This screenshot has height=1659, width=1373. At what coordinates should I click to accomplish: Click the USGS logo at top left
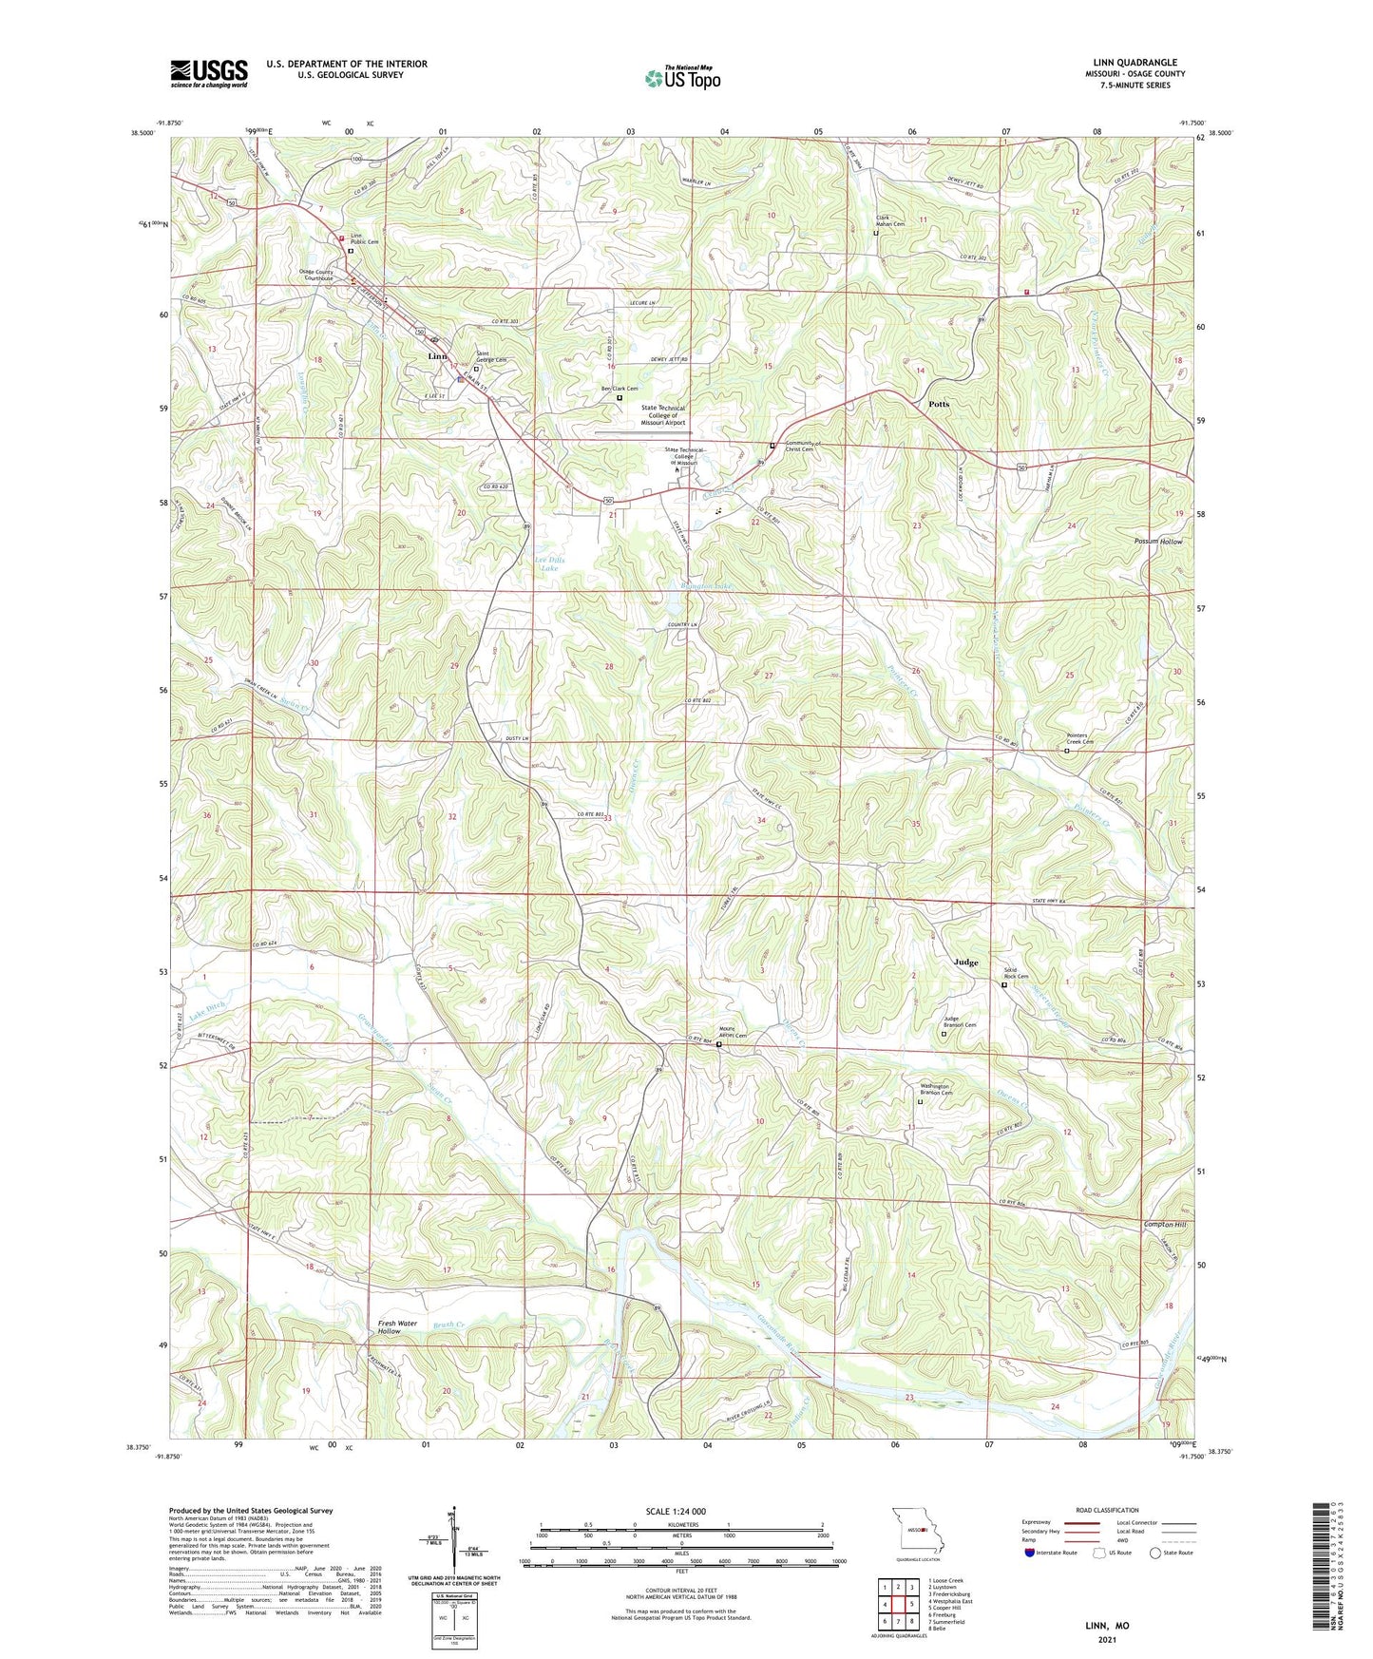pyautogui.click(x=209, y=72)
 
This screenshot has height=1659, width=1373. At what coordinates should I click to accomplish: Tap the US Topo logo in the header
pyautogui.click(x=682, y=78)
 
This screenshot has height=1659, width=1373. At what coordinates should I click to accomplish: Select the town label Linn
pyautogui.click(x=437, y=356)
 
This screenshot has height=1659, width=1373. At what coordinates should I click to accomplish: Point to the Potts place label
pyautogui.click(x=938, y=404)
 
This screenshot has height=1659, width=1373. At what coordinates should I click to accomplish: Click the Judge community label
pyautogui.click(x=965, y=963)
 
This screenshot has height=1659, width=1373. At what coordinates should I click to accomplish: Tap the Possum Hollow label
pyautogui.click(x=1157, y=542)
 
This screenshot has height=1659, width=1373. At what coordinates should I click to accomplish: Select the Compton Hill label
pyautogui.click(x=1165, y=1225)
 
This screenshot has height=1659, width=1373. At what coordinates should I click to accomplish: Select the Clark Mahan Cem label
pyautogui.click(x=890, y=221)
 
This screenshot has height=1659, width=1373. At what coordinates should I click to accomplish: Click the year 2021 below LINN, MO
pyautogui.click(x=1107, y=1640)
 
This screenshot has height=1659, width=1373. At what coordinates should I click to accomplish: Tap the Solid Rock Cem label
pyautogui.click(x=1017, y=973)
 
